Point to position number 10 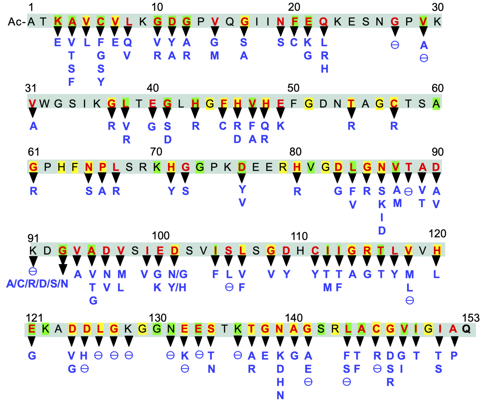(x=157, y=7)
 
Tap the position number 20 (x=294, y=7)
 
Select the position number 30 (x=438, y=7)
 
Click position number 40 (x=153, y=88)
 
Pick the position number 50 (x=293, y=88)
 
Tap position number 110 (x=299, y=236)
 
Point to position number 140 (x=294, y=318)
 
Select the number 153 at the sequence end (x=471, y=318)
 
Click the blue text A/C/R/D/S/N (x=37, y=284)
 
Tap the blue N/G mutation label (x=178, y=274)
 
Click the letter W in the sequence (x=44, y=103)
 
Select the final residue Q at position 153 (x=466, y=329)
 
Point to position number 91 (x=33, y=238)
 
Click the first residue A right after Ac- (x=31, y=22)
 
